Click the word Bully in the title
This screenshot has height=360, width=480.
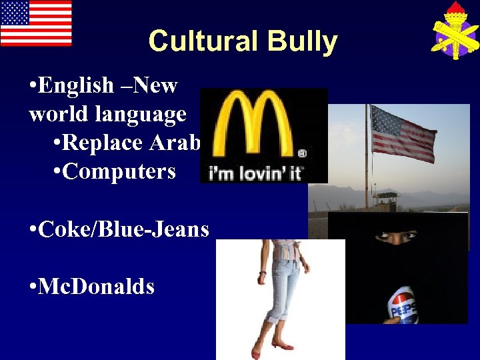[x=302, y=41]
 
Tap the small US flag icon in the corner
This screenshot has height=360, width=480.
[x=36, y=23]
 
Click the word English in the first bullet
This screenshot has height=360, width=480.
[x=77, y=85]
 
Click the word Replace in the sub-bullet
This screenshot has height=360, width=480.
[x=106, y=143]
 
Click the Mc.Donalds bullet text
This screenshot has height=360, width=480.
[x=97, y=287]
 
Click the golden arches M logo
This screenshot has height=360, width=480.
[x=255, y=126]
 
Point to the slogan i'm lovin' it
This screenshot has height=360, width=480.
[x=256, y=174]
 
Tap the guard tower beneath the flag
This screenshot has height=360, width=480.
[x=387, y=199]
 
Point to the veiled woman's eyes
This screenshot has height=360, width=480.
[x=398, y=235]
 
